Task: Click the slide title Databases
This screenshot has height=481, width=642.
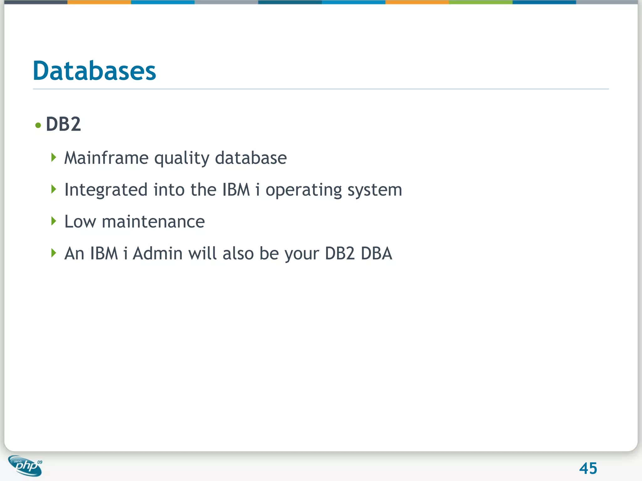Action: [94, 71]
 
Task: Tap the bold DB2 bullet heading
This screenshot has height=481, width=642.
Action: [63, 124]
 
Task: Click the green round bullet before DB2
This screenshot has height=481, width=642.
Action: [38, 126]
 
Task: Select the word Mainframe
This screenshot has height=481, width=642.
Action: [106, 158]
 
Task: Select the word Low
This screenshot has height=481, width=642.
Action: [80, 222]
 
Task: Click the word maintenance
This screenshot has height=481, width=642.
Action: [153, 222]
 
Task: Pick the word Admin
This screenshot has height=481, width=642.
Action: [157, 253]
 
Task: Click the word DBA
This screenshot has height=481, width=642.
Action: [376, 253]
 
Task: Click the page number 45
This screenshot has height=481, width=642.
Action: [588, 468]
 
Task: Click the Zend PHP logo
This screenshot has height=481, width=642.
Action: [25, 466]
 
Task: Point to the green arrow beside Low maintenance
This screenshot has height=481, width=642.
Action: [54, 221]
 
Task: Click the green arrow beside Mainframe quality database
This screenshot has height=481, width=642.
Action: [54, 157]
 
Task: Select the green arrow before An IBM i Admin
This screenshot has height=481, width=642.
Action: [54, 253]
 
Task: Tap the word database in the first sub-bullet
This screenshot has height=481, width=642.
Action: [251, 158]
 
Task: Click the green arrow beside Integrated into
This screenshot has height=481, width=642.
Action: [54, 189]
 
